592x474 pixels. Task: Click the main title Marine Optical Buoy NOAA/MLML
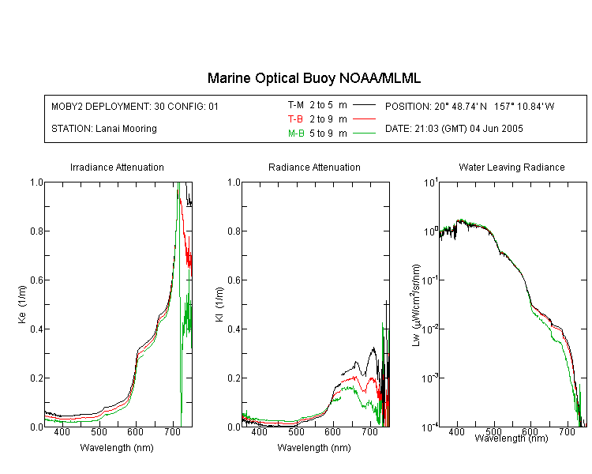(314, 79)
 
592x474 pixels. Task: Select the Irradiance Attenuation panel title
(117, 167)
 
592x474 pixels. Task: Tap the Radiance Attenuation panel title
(314, 167)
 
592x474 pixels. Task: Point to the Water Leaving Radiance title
(511, 167)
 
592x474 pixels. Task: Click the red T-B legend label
(296, 119)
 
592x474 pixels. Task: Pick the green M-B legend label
(296, 134)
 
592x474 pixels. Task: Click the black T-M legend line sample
(365, 105)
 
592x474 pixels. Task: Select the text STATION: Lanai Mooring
(104, 129)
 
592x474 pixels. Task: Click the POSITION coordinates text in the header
(470, 107)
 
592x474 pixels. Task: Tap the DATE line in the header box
(454, 129)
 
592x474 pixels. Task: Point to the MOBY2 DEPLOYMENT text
(135, 107)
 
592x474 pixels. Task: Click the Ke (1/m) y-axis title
(22, 304)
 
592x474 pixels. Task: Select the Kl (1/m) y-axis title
(219, 305)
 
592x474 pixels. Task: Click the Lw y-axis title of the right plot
(416, 306)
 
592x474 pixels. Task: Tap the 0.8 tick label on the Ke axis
(36, 231)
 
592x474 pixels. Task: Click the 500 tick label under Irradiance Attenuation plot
(99, 432)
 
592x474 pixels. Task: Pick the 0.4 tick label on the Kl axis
(234, 329)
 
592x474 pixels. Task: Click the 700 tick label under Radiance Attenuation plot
(369, 432)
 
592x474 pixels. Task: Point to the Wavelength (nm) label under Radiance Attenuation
(314, 448)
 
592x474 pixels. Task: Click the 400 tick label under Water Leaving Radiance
(456, 432)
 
